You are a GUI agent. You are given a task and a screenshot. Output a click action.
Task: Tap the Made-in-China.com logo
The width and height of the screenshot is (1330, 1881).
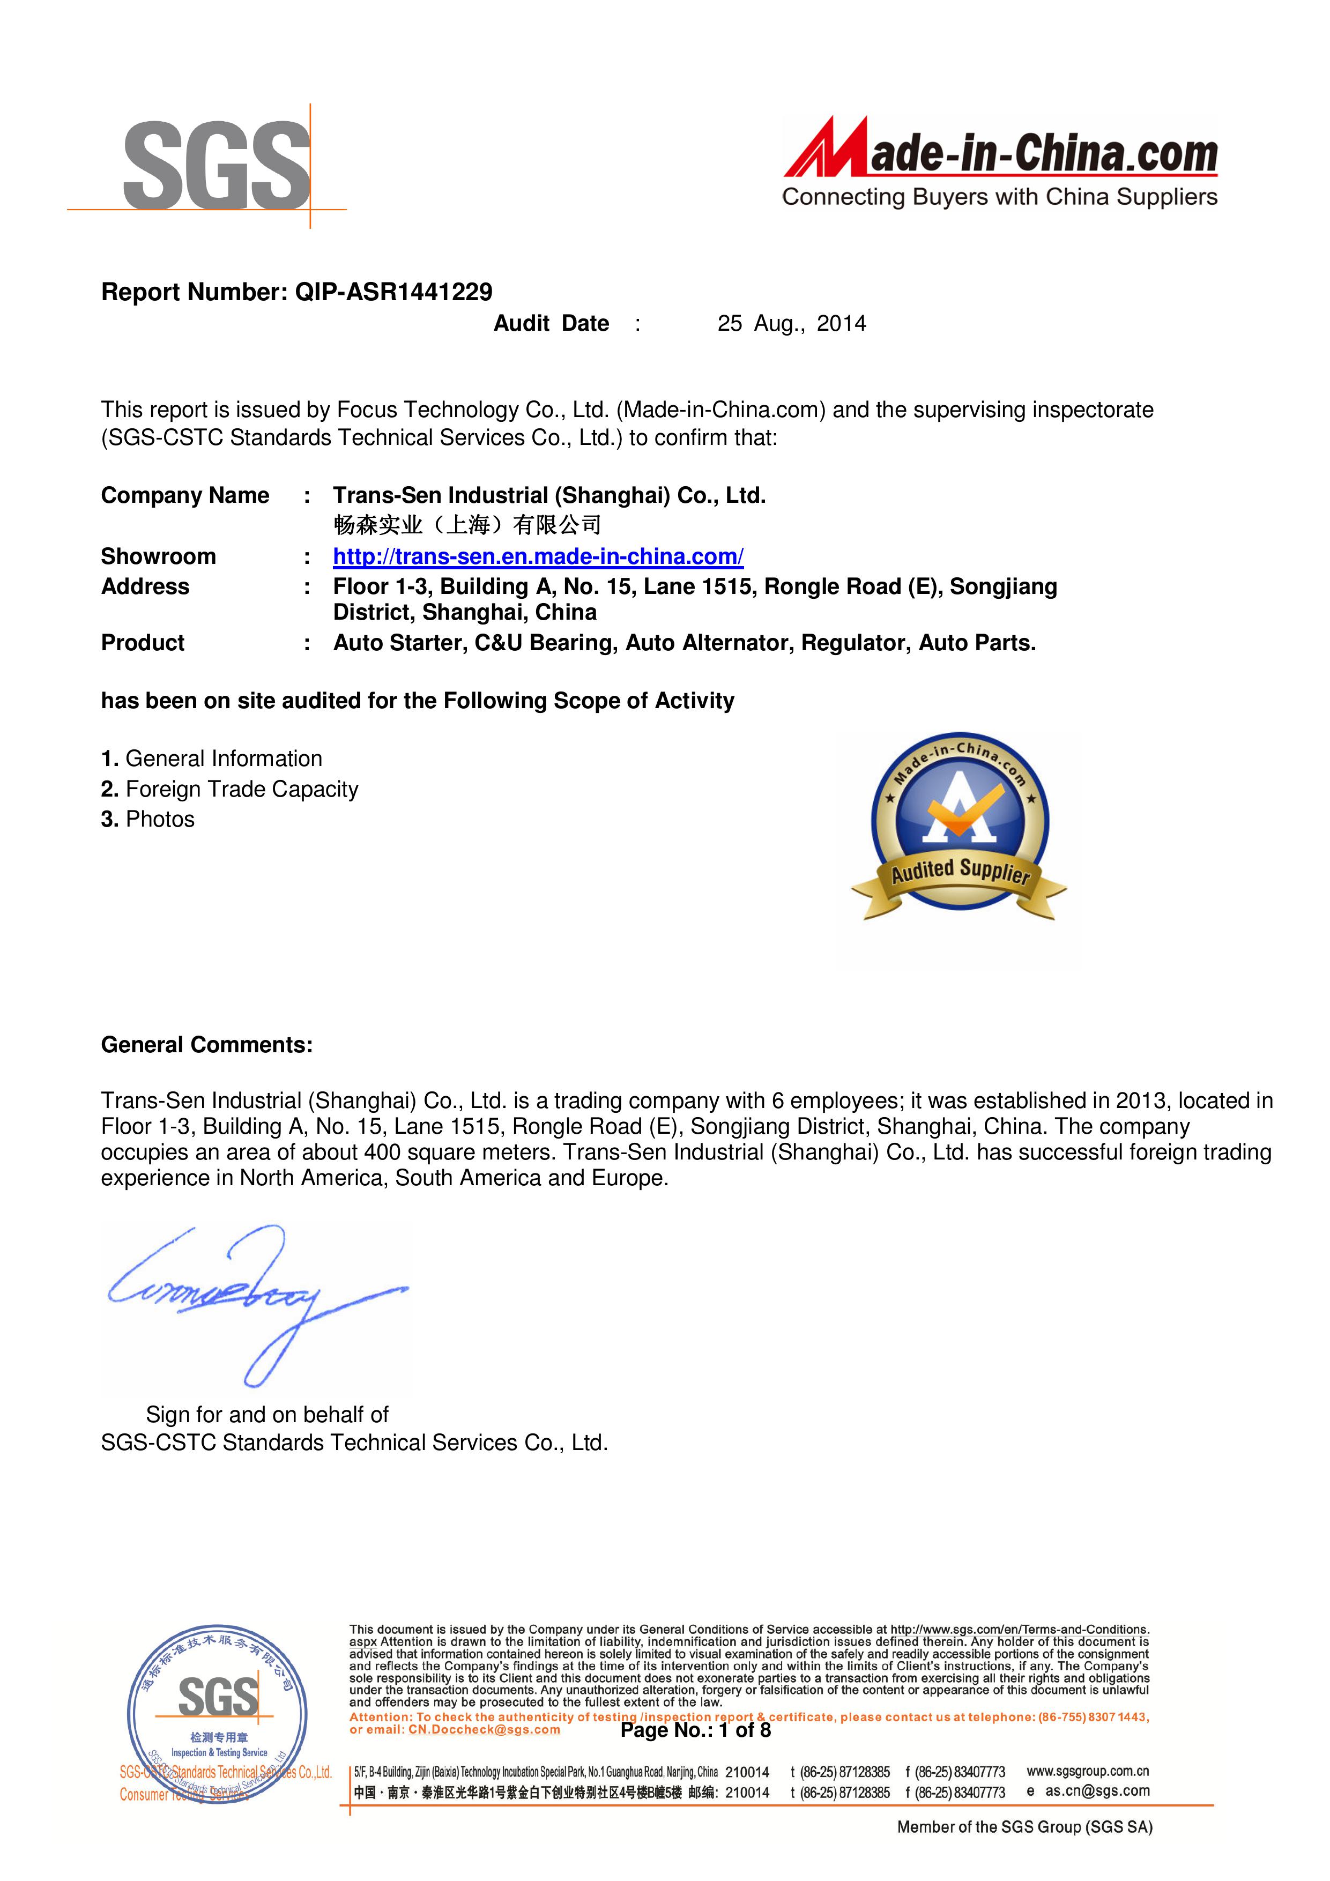(x=1000, y=162)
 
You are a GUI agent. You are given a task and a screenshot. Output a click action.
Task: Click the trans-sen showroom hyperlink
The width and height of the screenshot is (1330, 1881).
(x=538, y=557)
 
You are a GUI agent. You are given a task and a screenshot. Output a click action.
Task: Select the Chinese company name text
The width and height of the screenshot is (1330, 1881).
(x=467, y=525)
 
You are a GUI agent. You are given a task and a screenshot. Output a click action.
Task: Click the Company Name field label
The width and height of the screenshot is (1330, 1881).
(x=185, y=496)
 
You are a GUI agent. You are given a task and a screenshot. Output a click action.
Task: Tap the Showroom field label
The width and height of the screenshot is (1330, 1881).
(x=158, y=557)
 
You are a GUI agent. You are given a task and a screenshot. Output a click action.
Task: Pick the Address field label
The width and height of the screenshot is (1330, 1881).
(x=145, y=586)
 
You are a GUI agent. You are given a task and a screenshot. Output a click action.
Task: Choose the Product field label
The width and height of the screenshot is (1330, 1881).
(x=143, y=643)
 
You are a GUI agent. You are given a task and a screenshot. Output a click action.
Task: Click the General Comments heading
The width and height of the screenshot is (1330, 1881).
(x=206, y=1045)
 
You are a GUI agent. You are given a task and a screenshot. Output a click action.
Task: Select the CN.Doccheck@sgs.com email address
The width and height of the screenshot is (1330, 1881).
(x=484, y=1729)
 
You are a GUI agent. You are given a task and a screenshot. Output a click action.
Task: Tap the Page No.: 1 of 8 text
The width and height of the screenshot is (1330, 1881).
(x=696, y=1730)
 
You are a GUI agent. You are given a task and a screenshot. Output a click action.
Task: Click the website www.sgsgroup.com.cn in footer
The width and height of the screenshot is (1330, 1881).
(x=1088, y=1771)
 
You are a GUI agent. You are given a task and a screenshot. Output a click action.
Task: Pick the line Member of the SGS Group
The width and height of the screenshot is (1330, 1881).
(x=1024, y=1827)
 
